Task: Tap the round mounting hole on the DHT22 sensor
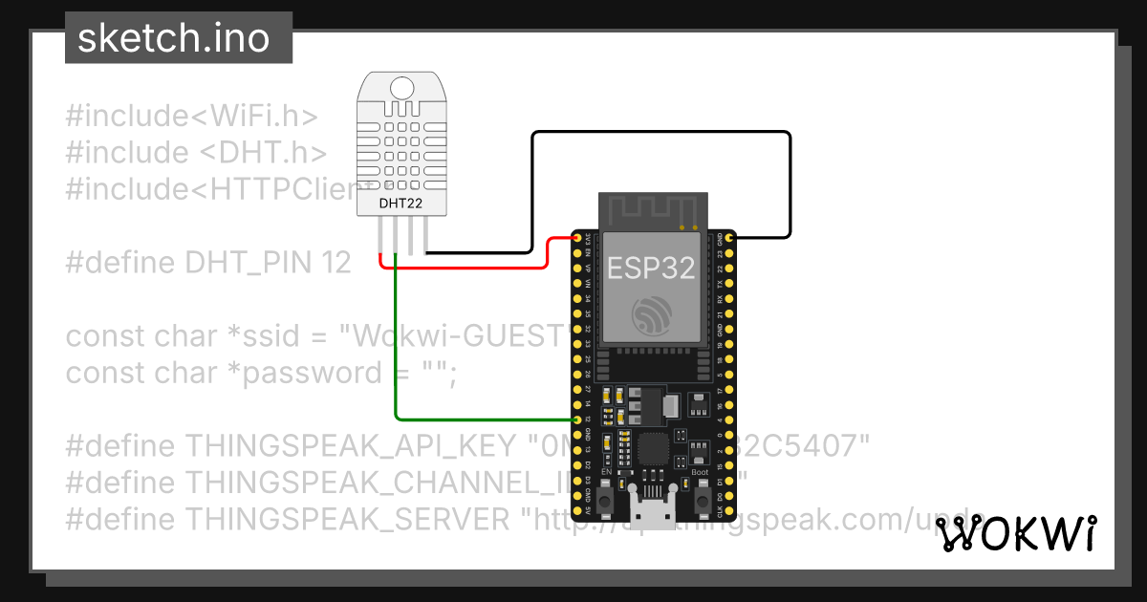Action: (x=401, y=88)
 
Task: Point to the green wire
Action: (x=396, y=363)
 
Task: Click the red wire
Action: (x=459, y=267)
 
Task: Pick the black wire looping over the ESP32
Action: (x=660, y=133)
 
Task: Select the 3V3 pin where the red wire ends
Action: (x=576, y=235)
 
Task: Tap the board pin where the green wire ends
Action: (x=576, y=419)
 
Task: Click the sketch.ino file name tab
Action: (x=173, y=38)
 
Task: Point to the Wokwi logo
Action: (x=1015, y=533)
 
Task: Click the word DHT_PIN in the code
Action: (x=249, y=263)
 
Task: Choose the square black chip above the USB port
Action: (x=654, y=448)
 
